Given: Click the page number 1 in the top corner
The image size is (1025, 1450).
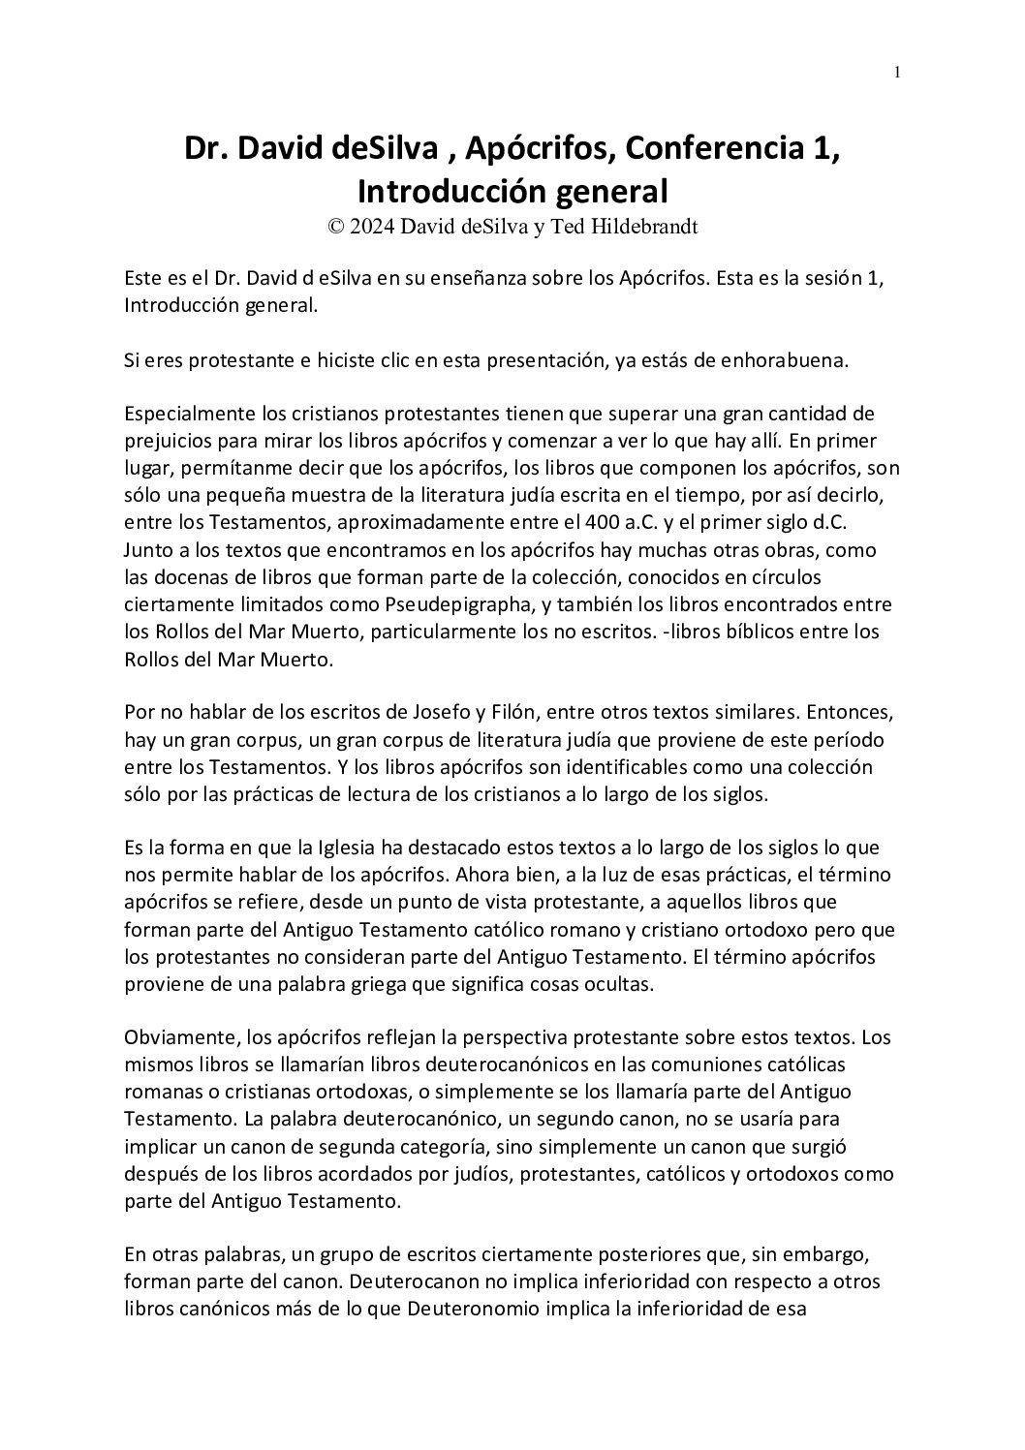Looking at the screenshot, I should (x=897, y=72).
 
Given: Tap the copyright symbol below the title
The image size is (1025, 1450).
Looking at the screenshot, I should (x=336, y=228).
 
